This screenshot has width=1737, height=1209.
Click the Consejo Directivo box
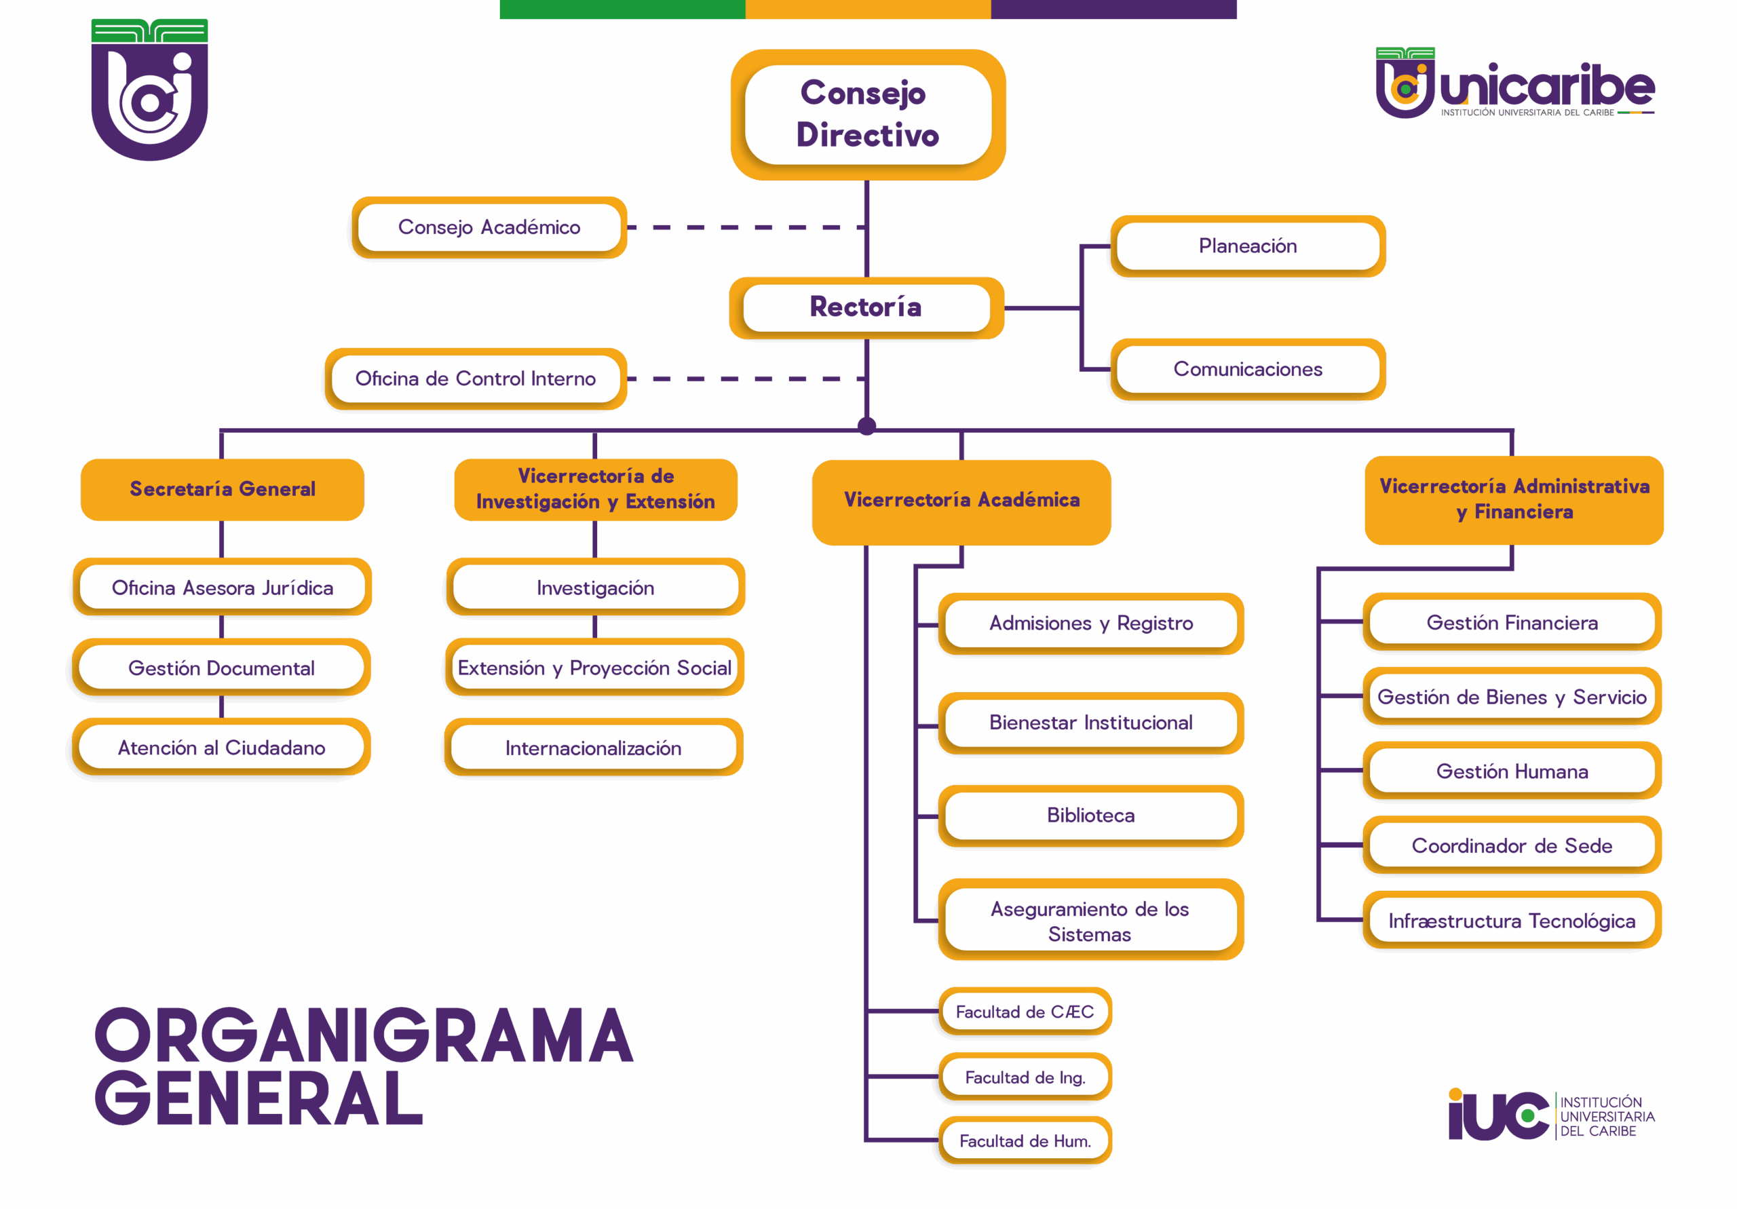pos(868,114)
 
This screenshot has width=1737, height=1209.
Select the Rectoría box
pos(866,307)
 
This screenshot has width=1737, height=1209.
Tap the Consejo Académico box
pos(489,227)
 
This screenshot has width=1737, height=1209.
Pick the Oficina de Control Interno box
pos(476,379)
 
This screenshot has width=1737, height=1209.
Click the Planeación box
pos(1248,246)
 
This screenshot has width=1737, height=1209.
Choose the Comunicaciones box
pos(1248,369)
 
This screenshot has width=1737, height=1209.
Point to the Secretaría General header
pos(223,489)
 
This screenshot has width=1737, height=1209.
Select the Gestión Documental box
pos(222,668)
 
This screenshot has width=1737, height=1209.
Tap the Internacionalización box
pos(594,748)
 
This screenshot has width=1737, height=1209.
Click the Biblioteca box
pos(1091,815)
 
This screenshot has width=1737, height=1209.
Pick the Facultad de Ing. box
pos(1025,1077)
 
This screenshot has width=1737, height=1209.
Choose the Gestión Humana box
pos(1512,771)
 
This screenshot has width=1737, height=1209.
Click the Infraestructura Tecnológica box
pos(1512,921)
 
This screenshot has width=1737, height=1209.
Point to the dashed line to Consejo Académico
pos(745,227)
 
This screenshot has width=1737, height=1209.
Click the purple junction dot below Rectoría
pos(867,426)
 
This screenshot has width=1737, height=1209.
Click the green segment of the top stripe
pos(622,9)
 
